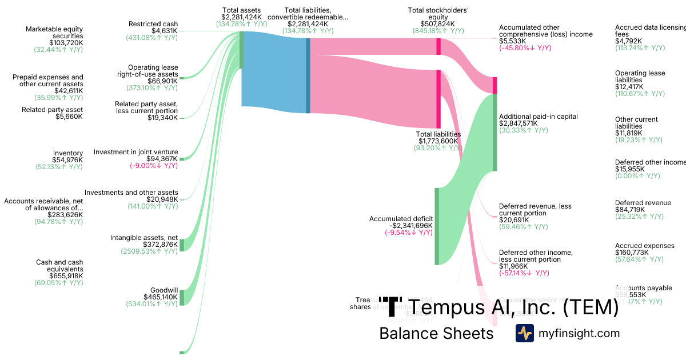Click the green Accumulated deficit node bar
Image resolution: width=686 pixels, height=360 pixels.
[437, 226]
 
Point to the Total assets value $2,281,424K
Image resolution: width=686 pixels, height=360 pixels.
[242, 17]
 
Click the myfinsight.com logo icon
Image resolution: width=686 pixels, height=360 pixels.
[524, 333]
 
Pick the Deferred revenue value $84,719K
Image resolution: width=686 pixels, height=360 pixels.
[630, 210]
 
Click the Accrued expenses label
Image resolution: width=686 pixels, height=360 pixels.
[644, 246]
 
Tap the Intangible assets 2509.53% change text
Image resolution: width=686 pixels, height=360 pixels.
[149, 251]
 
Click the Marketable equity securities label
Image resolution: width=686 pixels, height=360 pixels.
[54, 33]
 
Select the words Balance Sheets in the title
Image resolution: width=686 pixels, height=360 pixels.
[436, 334]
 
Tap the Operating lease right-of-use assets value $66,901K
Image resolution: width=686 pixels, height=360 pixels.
[163, 81]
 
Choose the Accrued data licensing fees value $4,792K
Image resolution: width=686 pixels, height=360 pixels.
[628, 41]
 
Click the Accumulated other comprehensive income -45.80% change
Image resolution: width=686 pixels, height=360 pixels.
[525, 49]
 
